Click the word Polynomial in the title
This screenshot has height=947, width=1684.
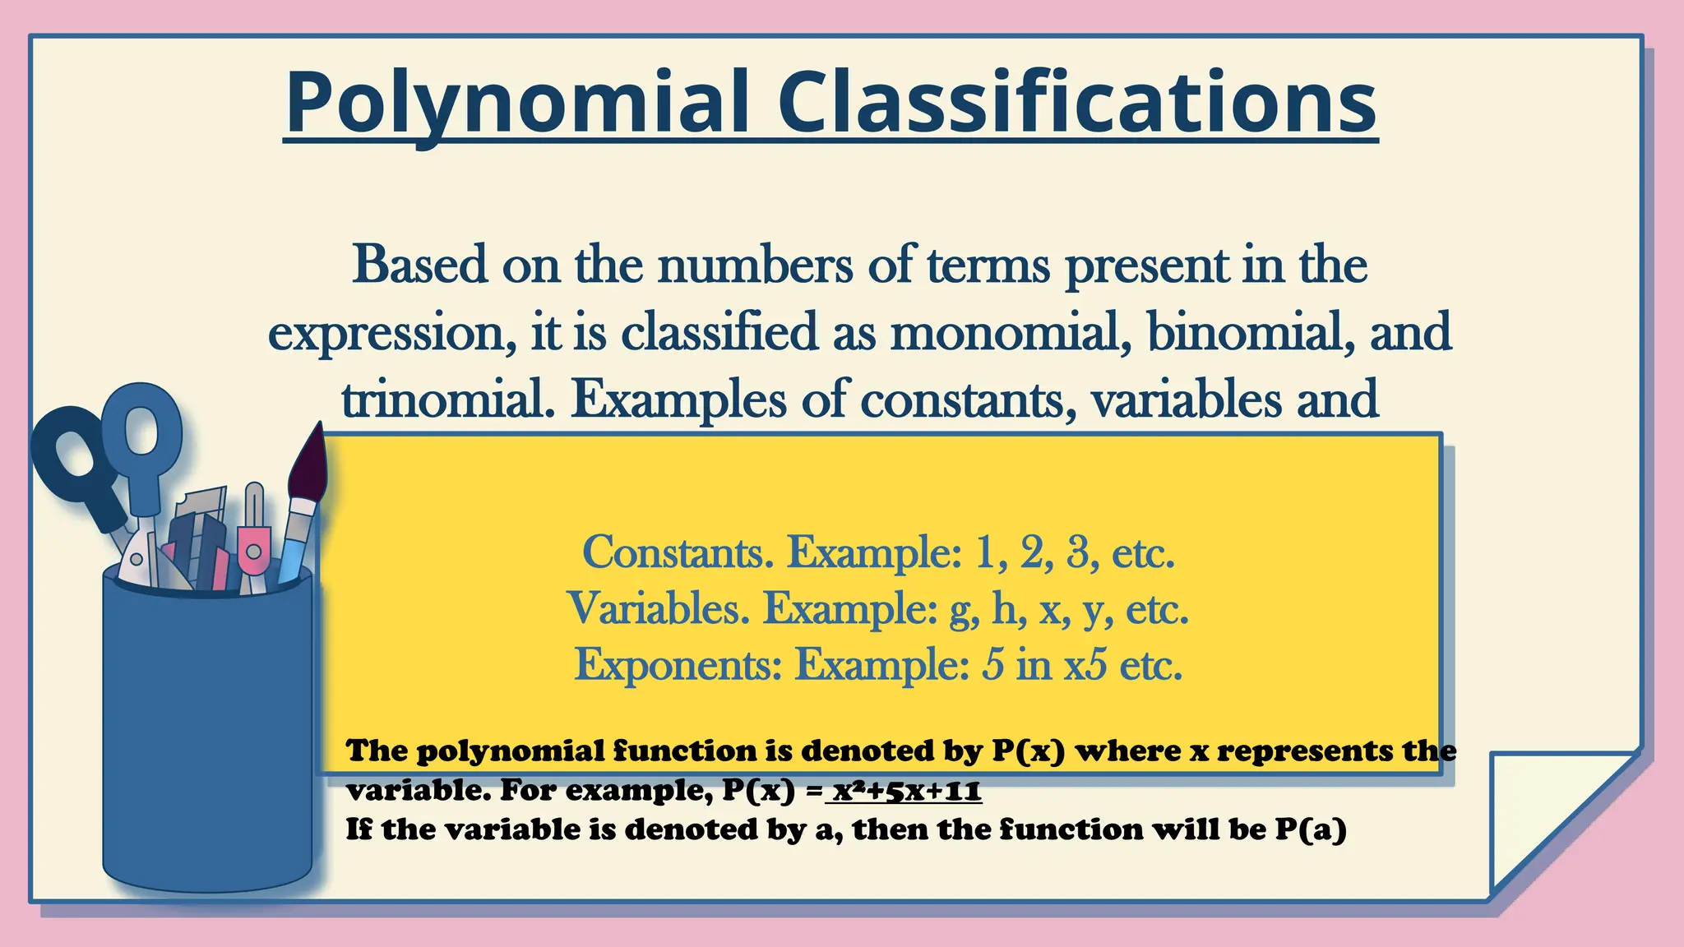pos(516,103)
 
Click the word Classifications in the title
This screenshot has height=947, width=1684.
pos(1077,103)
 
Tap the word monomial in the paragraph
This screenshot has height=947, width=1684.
pos(1006,333)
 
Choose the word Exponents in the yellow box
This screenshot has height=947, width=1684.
pos(677,664)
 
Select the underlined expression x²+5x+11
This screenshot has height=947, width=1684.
pos(906,791)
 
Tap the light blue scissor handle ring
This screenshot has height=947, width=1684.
pos(141,427)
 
